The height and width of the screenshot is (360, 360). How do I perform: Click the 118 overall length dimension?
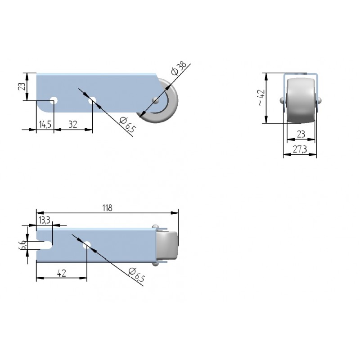pos(107,208)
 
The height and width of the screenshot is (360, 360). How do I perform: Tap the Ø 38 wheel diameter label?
pos(179,68)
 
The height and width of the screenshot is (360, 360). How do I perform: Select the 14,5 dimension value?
pos(45,125)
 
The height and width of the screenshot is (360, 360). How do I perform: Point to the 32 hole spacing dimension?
pos(73,125)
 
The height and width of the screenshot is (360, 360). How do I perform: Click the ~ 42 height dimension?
pos(261,98)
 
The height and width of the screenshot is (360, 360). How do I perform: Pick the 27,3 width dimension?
pos(300,149)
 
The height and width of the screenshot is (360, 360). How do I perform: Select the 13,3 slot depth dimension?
pos(44,220)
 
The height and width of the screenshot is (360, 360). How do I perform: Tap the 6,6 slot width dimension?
pos(23,245)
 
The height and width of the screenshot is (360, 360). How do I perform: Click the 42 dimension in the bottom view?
pos(62,273)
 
